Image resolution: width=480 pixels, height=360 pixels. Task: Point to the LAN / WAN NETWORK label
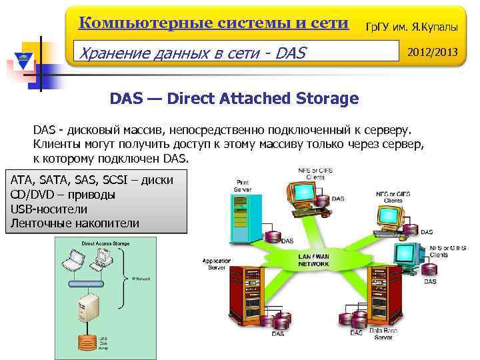pyautogui.click(x=313, y=260)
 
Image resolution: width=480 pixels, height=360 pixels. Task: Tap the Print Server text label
pyautogui.click(x=243, y=186)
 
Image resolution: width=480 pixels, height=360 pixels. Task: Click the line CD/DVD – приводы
pyautogui.click(x=63, y=194)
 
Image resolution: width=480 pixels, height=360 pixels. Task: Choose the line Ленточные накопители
pyautogui.click(x=75, y=223)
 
